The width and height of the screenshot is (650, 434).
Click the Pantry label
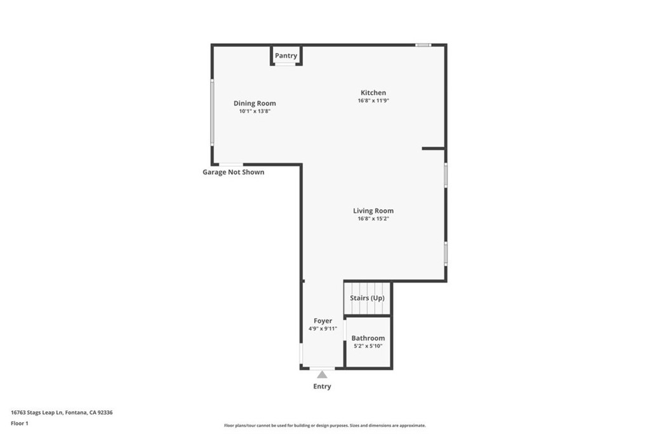(286, 56)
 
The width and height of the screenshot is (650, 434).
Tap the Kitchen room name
(373, 93)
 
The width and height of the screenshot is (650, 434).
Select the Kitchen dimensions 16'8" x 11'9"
(373, 100)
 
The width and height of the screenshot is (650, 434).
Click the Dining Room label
(255, 104)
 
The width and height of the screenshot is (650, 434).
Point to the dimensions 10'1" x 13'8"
(255, 111)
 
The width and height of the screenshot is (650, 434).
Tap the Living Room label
(373, 211)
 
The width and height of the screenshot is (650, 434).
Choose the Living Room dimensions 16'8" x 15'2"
(373, 219)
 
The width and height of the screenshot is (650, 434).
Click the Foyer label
(322, 321)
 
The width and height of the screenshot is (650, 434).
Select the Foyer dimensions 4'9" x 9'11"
(322, 329)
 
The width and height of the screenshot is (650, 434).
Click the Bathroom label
(368, 338)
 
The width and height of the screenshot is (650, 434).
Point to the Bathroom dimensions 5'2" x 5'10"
(368, 346)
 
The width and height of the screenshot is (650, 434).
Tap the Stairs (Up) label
(367, 298)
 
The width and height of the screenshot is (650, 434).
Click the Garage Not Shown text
(234, 172)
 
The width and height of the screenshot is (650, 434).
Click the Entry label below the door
(322, 386)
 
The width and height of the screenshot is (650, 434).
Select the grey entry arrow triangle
(322, 374)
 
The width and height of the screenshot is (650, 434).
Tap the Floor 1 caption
(20, 423)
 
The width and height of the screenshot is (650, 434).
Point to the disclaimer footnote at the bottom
(324, 426)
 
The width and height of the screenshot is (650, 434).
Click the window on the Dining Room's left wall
(212, 113)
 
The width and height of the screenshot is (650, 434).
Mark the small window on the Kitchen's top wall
(423, 44)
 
